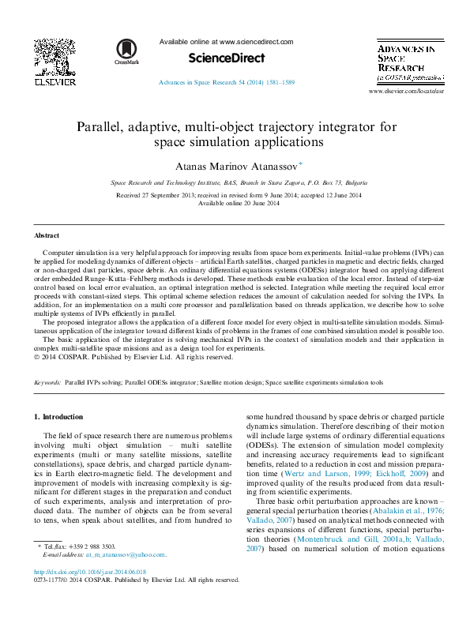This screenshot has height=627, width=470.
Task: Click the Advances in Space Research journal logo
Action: pyautogui.click(x=406, y=62)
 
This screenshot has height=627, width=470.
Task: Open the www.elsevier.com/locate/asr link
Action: pyautogui.click(x=406, y=92)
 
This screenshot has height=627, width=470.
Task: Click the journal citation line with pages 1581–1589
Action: pyautogui.click(x=227, y=82)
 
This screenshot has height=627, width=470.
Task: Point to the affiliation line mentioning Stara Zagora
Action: pyautogui.click(x=235, y=182)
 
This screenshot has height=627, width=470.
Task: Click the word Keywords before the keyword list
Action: pyautogui.click(x=47, y=382)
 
